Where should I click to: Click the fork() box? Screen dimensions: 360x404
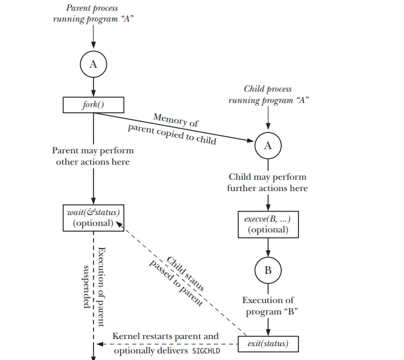pyautogui.click(x=93, y=105)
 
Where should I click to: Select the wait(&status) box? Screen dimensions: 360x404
pyautogui.click(x=93, y=217)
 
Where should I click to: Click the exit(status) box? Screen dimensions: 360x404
pyautogui.click(x=267, y=344)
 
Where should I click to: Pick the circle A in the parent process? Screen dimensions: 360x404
pyautogui.click(x=93, y=65)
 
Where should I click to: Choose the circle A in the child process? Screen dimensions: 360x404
pyautogui.click(x=267, y=146)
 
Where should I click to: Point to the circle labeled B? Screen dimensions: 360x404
pyautogui.click(x=267, y=270)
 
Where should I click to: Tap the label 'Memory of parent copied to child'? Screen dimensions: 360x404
pyautogui.click(x=173, y=129)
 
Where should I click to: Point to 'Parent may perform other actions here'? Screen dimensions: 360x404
pyautogui.click(x=93, y=156)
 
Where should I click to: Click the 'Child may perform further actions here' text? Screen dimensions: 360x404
pyautogui.click(x=267, y=183)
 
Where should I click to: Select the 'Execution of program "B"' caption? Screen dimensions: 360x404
pyautogui.click(x=267, y=306)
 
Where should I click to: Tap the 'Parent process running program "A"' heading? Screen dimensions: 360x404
pyautogui.click(x=93, y=13)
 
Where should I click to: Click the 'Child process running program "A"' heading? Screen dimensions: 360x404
pyautogui.click(x=267, y=95)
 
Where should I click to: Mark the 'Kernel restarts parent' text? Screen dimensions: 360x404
pyautogui.click(x=165, y=337)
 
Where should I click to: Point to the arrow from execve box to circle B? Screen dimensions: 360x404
pyautogui.click(x=267, y=247)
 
